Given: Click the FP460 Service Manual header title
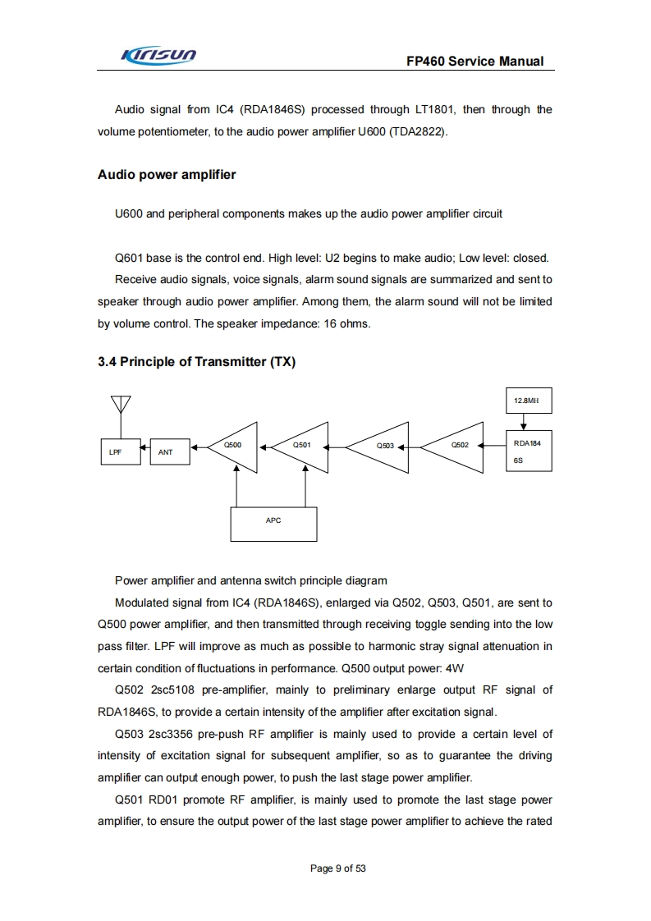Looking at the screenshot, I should (474, 62).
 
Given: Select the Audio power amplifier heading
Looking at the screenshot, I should (167, 175).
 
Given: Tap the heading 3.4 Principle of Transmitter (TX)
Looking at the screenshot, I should (196, 362).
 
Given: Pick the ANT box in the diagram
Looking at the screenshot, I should (170, 451).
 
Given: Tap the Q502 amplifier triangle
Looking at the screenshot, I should (455, 447).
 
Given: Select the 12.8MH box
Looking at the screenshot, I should (528, 401).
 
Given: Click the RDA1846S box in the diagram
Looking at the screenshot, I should (528, 451).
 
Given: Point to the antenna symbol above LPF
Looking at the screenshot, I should (121, 406).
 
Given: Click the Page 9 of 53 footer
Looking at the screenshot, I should (337, 868).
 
